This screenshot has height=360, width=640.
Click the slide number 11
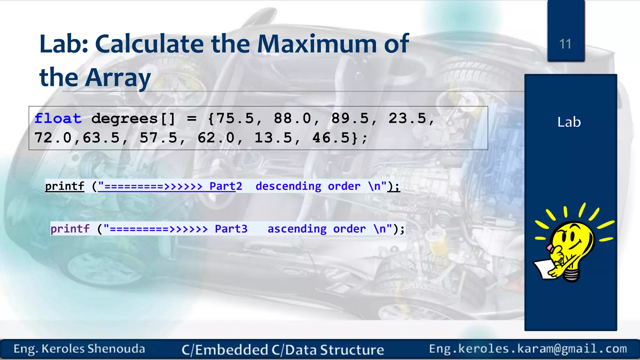(565, 44)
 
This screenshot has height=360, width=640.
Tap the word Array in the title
(118, 77)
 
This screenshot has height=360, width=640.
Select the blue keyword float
(58, 119)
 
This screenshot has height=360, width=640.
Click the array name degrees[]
(133, 119)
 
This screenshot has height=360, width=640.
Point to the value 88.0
(293, 119)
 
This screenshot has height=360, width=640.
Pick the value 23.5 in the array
(407, 119)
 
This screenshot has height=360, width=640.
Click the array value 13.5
(273, 138)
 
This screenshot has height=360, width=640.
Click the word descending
(288, 186)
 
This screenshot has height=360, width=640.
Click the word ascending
(297, 229)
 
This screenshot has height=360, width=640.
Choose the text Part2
(226, 186)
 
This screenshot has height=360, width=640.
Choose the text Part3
(231, 229)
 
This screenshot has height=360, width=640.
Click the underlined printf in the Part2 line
(65, 186)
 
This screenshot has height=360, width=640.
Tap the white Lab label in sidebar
(569, 122)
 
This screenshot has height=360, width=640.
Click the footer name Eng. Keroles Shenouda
(79, 349)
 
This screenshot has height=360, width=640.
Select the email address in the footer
(528, 349)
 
